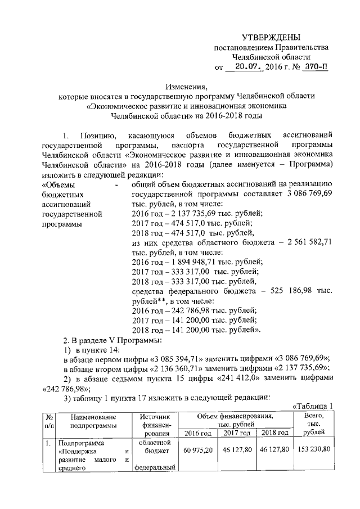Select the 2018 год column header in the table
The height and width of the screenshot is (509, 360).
(274, 433)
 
